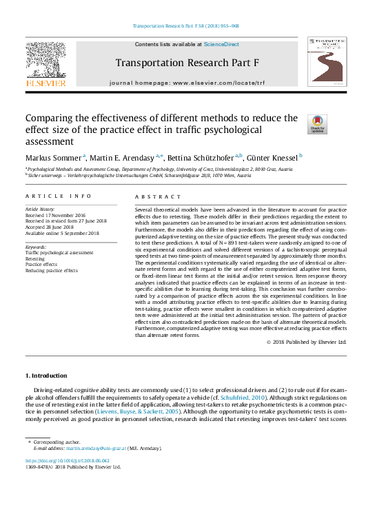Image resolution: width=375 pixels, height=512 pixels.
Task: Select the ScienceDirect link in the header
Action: [221, 44]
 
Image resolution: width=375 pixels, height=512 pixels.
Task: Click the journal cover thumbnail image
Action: [327, 62]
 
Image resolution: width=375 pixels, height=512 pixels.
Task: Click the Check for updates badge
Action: [316, 124]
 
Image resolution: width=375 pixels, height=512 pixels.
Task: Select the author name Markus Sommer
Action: [53, 156]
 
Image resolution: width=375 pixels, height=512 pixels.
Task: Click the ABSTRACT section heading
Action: [152, 196]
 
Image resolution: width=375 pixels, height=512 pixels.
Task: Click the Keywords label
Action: [36, 246]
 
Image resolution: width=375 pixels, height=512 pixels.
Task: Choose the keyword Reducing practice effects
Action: [52, 270]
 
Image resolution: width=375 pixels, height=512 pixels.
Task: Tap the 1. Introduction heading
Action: [46, 376]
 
